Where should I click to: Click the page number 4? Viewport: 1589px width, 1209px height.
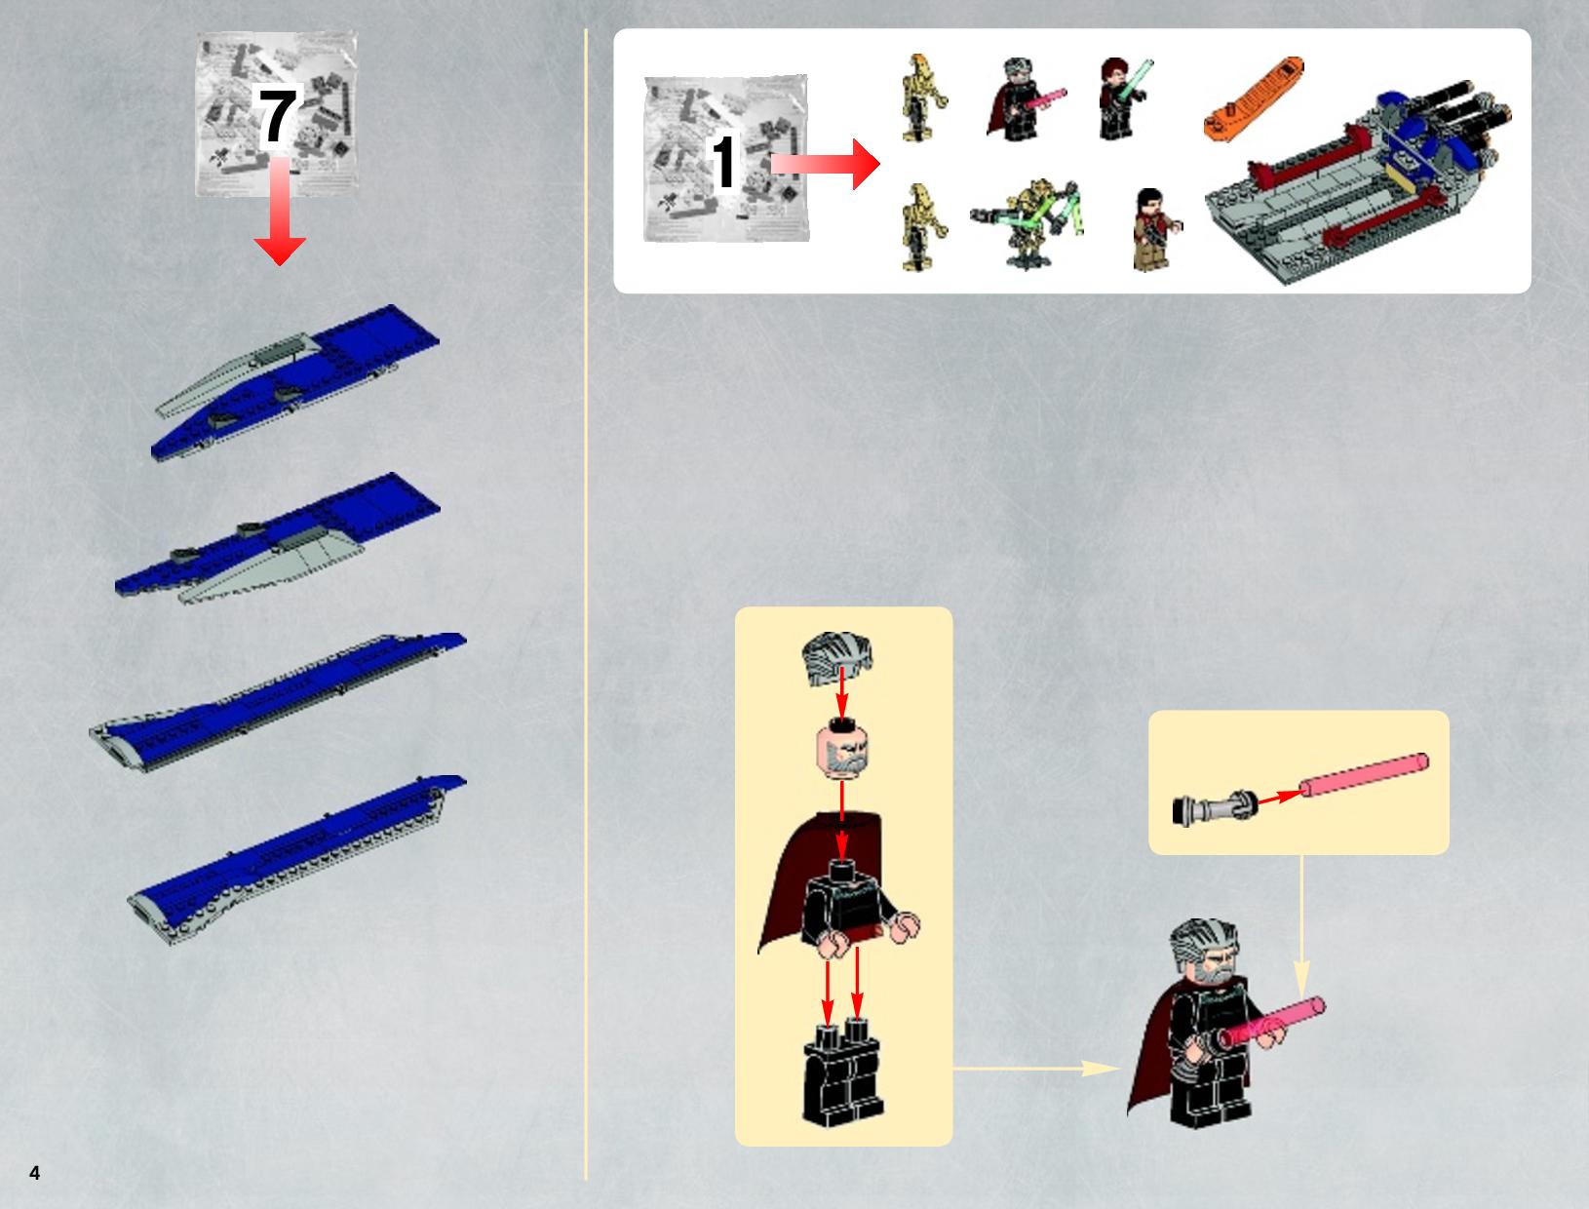[35, 1173]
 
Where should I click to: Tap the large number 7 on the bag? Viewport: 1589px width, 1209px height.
[277, 118]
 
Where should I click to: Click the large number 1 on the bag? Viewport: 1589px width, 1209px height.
[724, 162]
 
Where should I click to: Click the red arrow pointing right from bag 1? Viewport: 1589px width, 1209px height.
[826, 165]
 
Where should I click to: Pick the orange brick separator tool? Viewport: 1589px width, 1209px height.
[1254, 98]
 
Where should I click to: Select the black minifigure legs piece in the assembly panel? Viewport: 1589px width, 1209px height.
[842, 1074]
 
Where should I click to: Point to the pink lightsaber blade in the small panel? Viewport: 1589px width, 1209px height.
[1364, 774]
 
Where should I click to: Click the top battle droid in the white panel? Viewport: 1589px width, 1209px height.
[922, 97]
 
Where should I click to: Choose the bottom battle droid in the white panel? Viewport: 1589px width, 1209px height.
[924, 227]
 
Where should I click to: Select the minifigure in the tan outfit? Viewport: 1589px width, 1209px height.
[1154, 229]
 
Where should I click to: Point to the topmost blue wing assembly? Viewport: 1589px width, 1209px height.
[295, 381]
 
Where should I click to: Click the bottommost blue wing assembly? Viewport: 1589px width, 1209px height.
[296, 859]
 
